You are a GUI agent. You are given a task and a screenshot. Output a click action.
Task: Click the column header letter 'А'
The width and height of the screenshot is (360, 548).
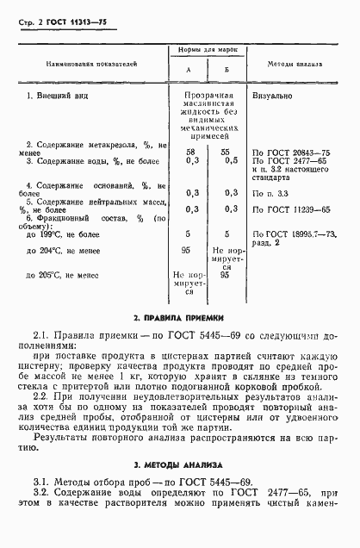click(188, 71)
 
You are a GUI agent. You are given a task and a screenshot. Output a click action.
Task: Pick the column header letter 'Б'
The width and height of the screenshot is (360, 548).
click(227, 71)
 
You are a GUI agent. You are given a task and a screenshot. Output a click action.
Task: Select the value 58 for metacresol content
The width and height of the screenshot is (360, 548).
click(189, 152)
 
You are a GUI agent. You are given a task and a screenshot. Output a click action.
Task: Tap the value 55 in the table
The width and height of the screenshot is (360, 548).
click(227, 152)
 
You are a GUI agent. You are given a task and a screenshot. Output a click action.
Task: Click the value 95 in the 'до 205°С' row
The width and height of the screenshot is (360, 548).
click(227, 276)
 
